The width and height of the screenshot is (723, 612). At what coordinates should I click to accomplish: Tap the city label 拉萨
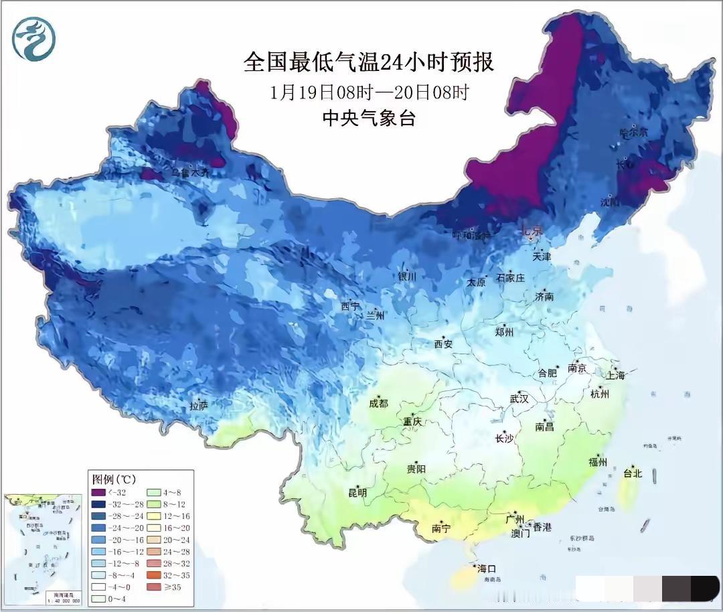[x=199, y=406]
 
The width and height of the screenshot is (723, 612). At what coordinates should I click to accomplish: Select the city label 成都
[x=378, y=403]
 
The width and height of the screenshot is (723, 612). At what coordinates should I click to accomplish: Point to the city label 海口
[x=487, y=568]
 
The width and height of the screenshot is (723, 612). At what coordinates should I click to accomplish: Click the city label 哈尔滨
[x=633, y=133]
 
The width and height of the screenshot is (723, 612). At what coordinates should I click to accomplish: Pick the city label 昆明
[x=357, y=493]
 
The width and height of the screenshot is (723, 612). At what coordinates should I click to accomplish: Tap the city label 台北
[x=632, y=473]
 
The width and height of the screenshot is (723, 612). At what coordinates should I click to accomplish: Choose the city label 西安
[x=443, y=343]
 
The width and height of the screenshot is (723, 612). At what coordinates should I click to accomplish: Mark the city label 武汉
[x=519, y=398]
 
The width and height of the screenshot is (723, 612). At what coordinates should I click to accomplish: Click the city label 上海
[x=615, y=375]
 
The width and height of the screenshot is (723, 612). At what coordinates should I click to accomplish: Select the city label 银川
[x=407, y=277]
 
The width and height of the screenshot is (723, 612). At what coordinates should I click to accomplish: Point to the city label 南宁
[x=441, y=528]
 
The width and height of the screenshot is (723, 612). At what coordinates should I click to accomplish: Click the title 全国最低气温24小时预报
[x=369, y=63]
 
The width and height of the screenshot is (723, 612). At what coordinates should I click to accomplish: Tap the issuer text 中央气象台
[x=369, y=119]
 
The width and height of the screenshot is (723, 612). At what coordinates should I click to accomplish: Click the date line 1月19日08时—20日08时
[x=369, y=92]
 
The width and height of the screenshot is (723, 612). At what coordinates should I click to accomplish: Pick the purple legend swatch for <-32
[x=98, y=493]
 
